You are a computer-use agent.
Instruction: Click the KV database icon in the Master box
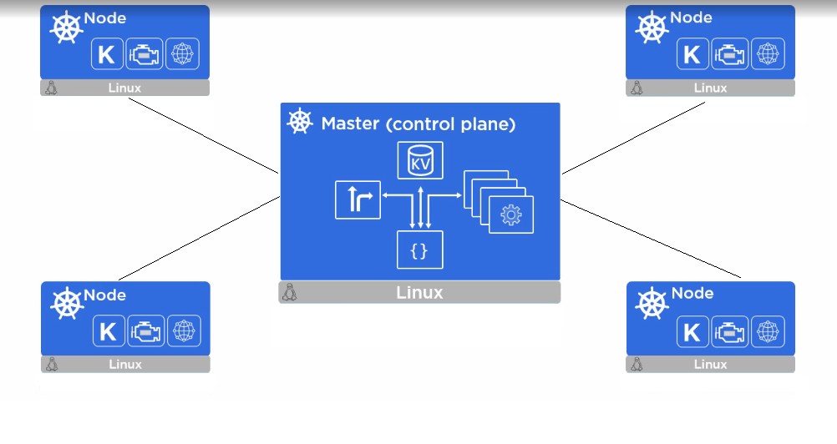[x=419, y=160]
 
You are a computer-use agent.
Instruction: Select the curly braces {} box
[x=419, y=250]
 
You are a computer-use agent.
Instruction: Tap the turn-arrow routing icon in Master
[x=358, y=199]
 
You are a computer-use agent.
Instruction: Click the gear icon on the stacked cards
[x=510, y=214]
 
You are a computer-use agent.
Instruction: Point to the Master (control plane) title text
[x=418, y=124]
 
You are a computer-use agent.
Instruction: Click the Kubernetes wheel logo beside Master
[x=300, y=122]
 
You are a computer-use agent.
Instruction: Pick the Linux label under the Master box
[x=419, y=293]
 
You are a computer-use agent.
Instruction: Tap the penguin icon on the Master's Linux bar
[x=291, y=293]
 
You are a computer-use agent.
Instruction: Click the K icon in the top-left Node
[x=106, y=55]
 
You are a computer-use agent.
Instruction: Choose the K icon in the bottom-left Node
[x=107, y=331]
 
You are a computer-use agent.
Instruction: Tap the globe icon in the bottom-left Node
[x=183, y=331]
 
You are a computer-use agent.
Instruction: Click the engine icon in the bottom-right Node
[x=729, y=331]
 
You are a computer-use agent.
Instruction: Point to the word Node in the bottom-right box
[x=692, y=293]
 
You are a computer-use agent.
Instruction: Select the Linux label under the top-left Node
[x=124, y=88]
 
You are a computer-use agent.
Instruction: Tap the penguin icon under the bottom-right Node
[x=637, y=364]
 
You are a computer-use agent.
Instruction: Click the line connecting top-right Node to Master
[x=633, y=139]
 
